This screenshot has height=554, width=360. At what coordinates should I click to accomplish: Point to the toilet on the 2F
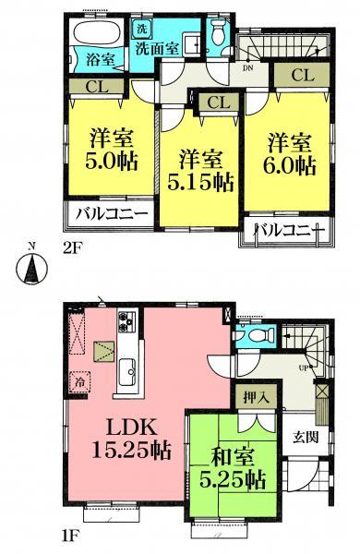(x=218, y=36)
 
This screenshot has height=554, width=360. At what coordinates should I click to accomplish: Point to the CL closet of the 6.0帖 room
(x=302, y=75)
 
